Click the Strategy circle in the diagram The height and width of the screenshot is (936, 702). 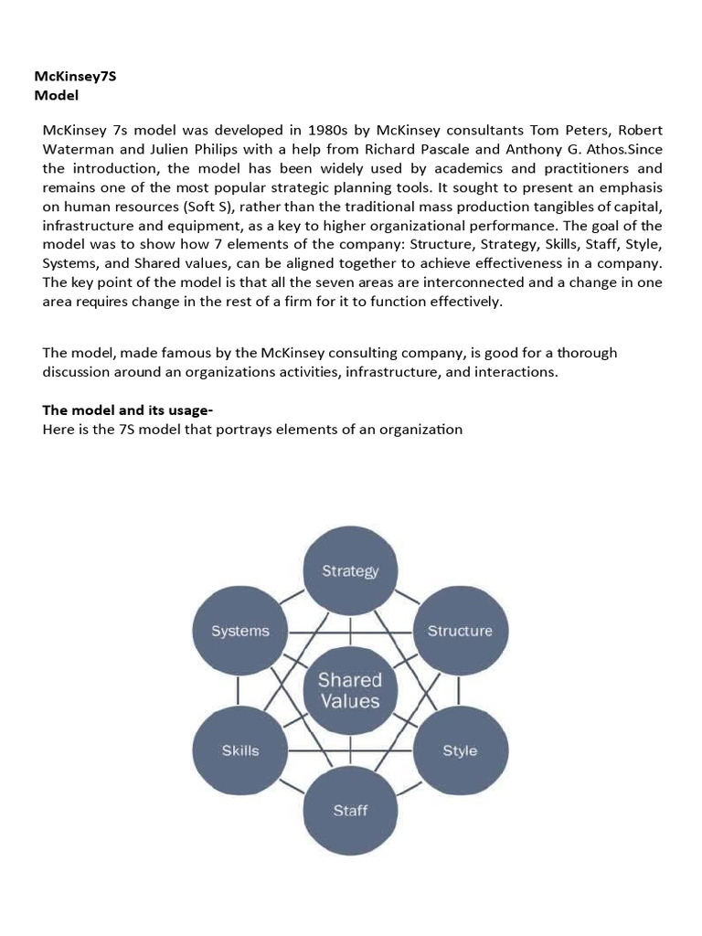(x=350, y=571)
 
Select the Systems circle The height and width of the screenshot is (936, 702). (x=240, y=631)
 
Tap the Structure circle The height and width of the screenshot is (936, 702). (x=460, y=631)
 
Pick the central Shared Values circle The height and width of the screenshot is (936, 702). (x=350, y=691)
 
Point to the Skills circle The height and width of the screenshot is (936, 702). (x=240, y=750)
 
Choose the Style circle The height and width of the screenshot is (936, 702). (x=460, y=750)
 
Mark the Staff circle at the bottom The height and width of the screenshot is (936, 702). (x=350, y=810)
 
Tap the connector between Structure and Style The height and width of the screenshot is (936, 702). (x=460, y=690)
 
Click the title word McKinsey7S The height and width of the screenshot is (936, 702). (x=75, y=77)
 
